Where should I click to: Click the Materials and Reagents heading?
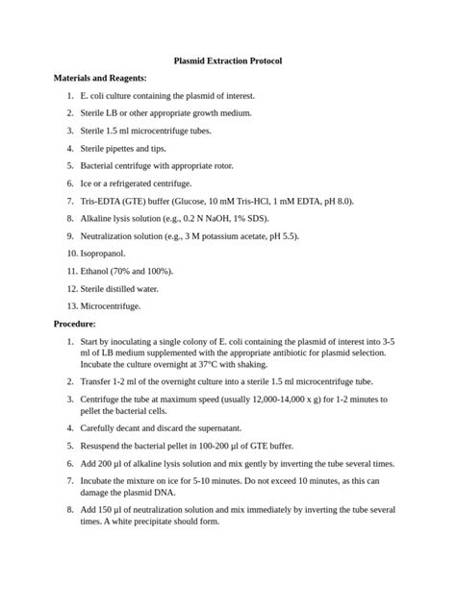[x=100, y=78]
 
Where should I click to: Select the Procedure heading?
[x=81, y=324]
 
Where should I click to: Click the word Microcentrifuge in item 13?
[x=111, y=305]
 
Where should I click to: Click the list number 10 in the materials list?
[x=72, y=253]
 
